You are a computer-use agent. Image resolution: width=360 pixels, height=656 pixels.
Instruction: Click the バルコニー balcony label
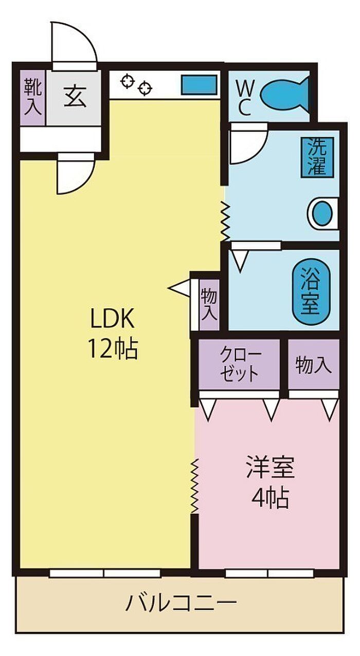pyautogui.click(x=181, y=602)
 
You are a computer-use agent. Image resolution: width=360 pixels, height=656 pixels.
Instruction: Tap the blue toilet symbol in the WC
pyautogui.click(x=284, y=93)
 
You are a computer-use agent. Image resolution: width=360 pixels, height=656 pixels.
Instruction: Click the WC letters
pyautogui.click(x=243, y=97)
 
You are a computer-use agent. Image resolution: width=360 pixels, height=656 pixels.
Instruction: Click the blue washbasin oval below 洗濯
pyautogui.click(x=323, y=213)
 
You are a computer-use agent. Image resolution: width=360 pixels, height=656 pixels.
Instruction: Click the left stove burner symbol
pyautogui.click(x=128, y=81)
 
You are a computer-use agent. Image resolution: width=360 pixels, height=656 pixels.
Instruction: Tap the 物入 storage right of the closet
pyautogui.click(x=313, y=365)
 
